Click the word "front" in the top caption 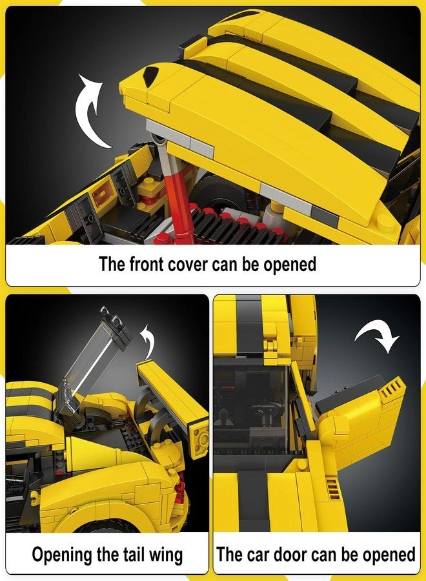click(x=146, y=264)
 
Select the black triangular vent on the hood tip click(x=149, y=76)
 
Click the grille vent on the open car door click(x=389, y=387)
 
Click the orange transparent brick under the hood click(x=102, y=194)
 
